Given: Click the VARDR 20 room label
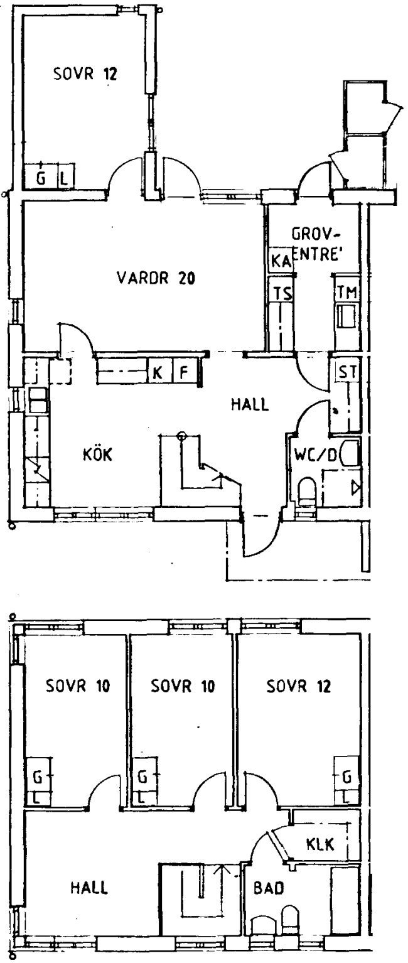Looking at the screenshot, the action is pos(156,278).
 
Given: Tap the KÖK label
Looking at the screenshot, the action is pos(97,455).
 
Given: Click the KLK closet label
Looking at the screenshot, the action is pos(320,844).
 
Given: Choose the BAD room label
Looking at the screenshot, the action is pos(269,888).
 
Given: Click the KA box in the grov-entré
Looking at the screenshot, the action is pos(281,260).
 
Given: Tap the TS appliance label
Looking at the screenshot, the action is pos(283,294).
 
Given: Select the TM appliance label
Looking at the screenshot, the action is pos(347,293).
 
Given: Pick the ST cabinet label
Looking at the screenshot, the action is pos(347,372).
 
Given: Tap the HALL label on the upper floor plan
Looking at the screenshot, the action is pos(250,404).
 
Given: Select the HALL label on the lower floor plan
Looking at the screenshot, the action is pos(89,888).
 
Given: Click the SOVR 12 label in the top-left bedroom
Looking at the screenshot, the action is pos(85,73).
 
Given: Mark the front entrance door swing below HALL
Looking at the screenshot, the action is pos(262,537).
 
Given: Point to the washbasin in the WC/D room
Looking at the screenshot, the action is pos(351,453).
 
